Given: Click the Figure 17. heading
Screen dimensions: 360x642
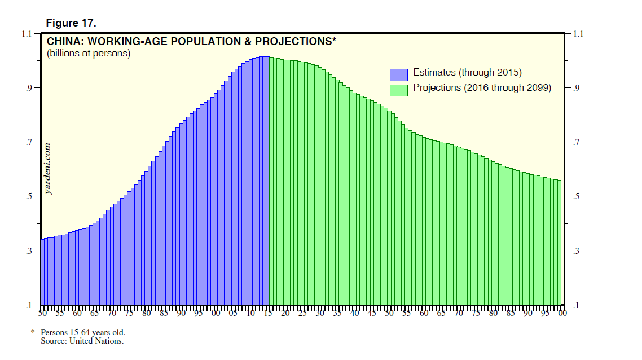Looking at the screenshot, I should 71,23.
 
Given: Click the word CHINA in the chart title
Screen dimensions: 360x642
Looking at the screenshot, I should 63,42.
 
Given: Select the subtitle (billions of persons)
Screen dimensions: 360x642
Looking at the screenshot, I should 88,54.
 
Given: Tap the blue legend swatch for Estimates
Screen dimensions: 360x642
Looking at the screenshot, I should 398,74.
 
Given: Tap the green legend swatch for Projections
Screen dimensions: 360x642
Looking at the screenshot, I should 398,90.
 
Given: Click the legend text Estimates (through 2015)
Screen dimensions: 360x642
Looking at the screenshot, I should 467,73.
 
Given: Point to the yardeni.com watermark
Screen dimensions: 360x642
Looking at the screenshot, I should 49,168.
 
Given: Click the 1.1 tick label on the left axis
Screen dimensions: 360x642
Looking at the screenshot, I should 27,34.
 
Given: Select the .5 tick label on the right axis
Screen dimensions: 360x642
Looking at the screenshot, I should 576,196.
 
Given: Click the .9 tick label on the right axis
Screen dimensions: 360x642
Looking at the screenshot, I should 576,88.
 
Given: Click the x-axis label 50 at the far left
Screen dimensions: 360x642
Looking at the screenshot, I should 43,313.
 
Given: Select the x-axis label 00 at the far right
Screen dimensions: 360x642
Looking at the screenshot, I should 562,313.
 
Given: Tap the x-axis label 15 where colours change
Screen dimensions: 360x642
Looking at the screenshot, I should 268,313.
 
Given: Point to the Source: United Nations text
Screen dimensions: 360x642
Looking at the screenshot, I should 82,341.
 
